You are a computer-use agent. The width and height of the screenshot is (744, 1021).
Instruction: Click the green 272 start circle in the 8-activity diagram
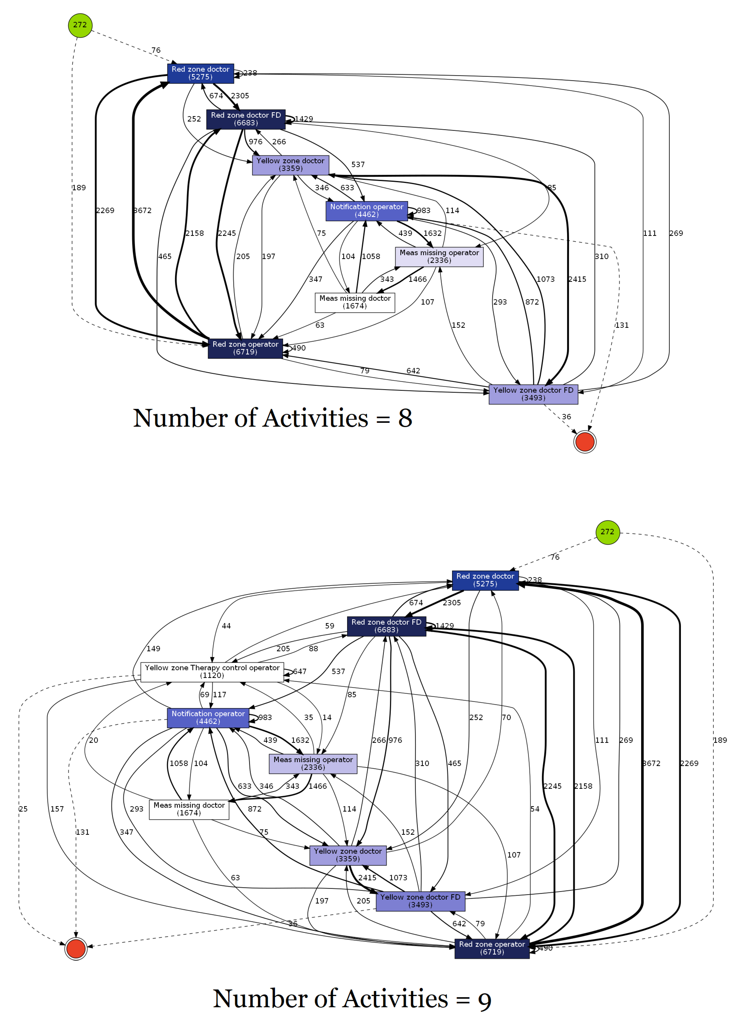(x=80, y=25)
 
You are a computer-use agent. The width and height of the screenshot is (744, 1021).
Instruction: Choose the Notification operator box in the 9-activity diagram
(x=208, y=718)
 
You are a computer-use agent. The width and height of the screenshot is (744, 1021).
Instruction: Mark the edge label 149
(x=153, y=649)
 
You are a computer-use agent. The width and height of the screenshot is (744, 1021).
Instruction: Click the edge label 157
(x=57, y=809)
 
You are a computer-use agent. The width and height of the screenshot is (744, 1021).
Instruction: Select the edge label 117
(x=219, y=695)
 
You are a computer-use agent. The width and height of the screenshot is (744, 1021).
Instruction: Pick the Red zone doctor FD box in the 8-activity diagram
(x=246, y=119)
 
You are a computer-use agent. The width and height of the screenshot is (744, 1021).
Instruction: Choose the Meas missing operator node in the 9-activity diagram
(x=313, y=764)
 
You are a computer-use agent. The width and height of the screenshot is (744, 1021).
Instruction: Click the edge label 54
(x=534, y=809)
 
